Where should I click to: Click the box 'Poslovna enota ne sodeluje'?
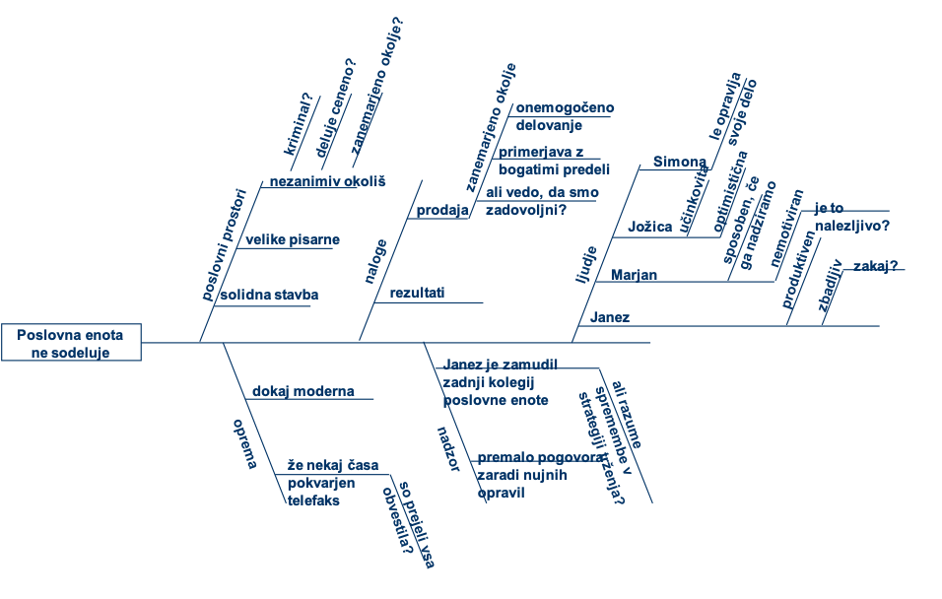tap(71, 342)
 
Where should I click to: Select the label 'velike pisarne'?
tap(293, 238)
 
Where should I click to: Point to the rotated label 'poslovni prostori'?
tap(224, 242)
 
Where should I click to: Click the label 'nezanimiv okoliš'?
tap(327, 181)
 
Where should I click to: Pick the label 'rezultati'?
tap(417, 293)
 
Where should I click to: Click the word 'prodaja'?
tap(441, 210)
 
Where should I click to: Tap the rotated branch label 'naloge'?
tap(375, 261)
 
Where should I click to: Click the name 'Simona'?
tap(680, 162)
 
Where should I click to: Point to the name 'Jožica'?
tap(649, 228)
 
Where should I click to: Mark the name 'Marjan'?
tap(634, 274)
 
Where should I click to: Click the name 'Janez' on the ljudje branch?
tap(609, 317)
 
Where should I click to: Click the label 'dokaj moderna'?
tap(303, 391)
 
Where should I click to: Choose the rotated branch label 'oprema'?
tap(244, 443)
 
